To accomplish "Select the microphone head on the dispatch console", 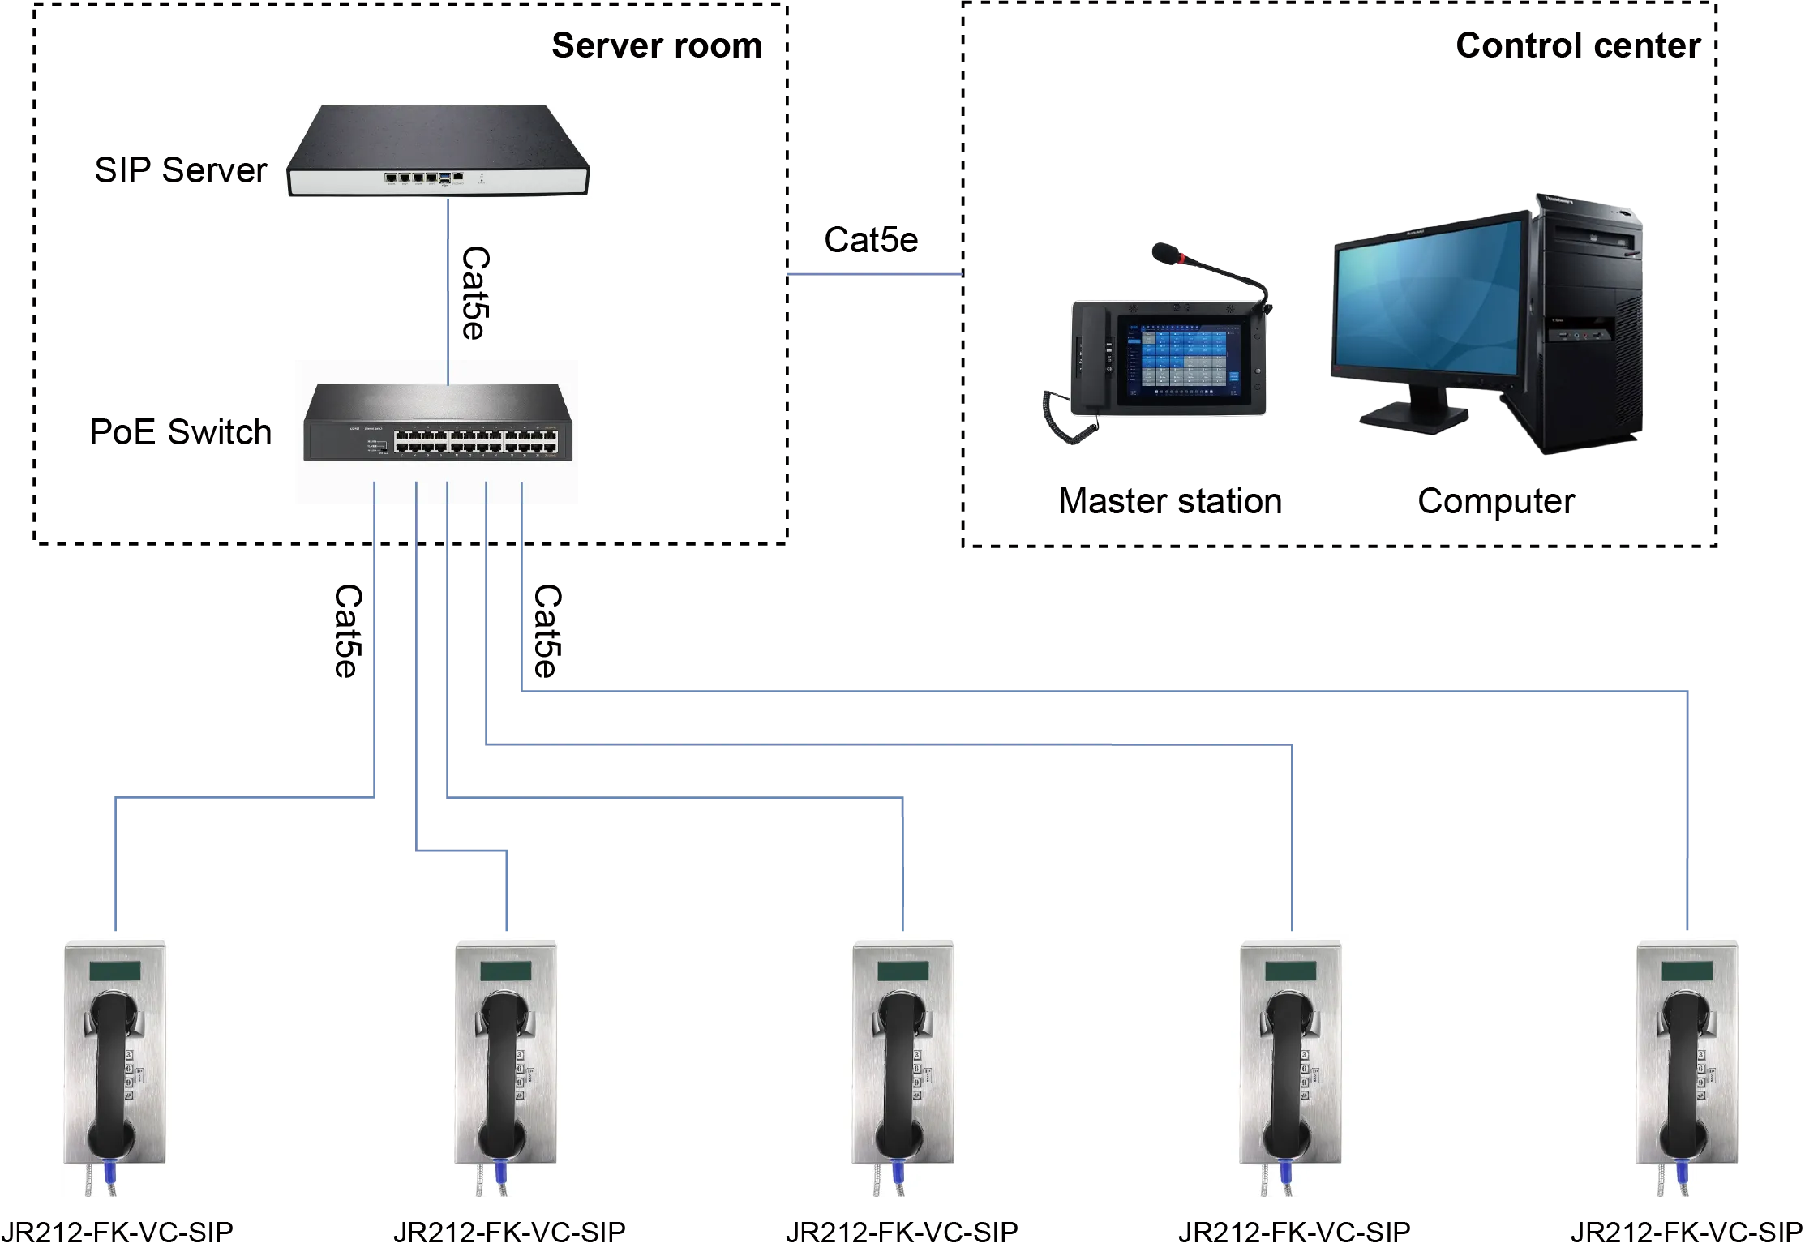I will pos(1165,252).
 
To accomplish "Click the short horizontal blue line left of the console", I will pos(875,277).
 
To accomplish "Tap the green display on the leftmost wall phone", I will pos(114,970).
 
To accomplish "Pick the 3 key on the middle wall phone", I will pos(918,1055).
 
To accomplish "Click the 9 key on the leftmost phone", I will pos(129,1083).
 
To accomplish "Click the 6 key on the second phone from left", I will pos(519,1069).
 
